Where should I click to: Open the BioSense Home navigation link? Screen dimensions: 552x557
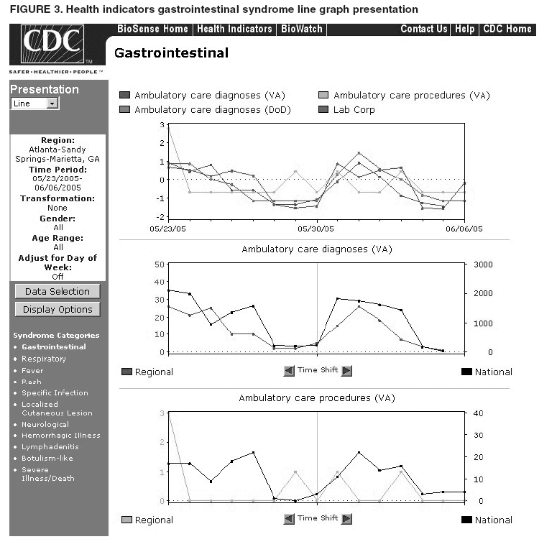(152, 29)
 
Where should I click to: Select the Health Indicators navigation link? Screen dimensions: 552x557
(234, 29)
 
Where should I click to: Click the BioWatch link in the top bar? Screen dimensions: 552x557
(302, 29)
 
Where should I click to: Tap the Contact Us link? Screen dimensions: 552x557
(423, 29)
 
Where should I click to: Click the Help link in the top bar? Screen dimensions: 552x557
(465, 29)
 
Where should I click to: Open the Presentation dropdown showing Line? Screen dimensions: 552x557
(34, 103)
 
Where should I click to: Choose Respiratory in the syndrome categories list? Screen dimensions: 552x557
(44, 359)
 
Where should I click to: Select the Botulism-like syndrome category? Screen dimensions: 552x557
(47, 458)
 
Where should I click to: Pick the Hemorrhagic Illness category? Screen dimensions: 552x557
(61, 436)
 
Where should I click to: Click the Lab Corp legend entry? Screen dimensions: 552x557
(354, 110)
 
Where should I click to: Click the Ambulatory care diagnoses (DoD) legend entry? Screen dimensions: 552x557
(197, 110)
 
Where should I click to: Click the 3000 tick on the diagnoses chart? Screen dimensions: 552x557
(483, 264)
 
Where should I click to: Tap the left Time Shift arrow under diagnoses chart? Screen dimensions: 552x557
(289, 371)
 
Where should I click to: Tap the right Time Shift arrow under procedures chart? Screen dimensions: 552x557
(346, 519)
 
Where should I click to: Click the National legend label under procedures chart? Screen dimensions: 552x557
(493, 520)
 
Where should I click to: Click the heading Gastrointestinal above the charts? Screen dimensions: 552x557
(172, 53)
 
